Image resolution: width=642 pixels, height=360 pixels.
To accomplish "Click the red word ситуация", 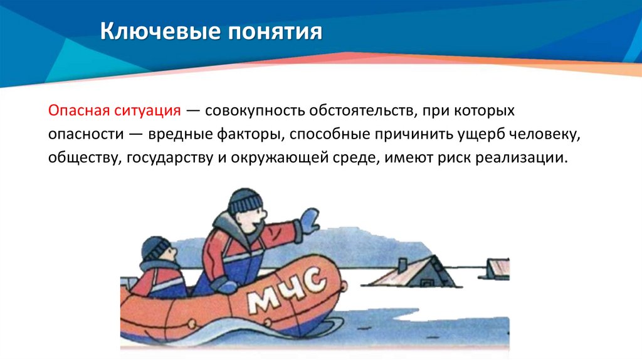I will [149, 112].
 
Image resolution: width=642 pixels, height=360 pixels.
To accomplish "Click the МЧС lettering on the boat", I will [285, 291].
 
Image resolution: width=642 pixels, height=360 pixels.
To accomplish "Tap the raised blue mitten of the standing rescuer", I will [309, 220].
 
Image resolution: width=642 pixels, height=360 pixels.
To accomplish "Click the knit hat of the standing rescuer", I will [245, 201].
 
